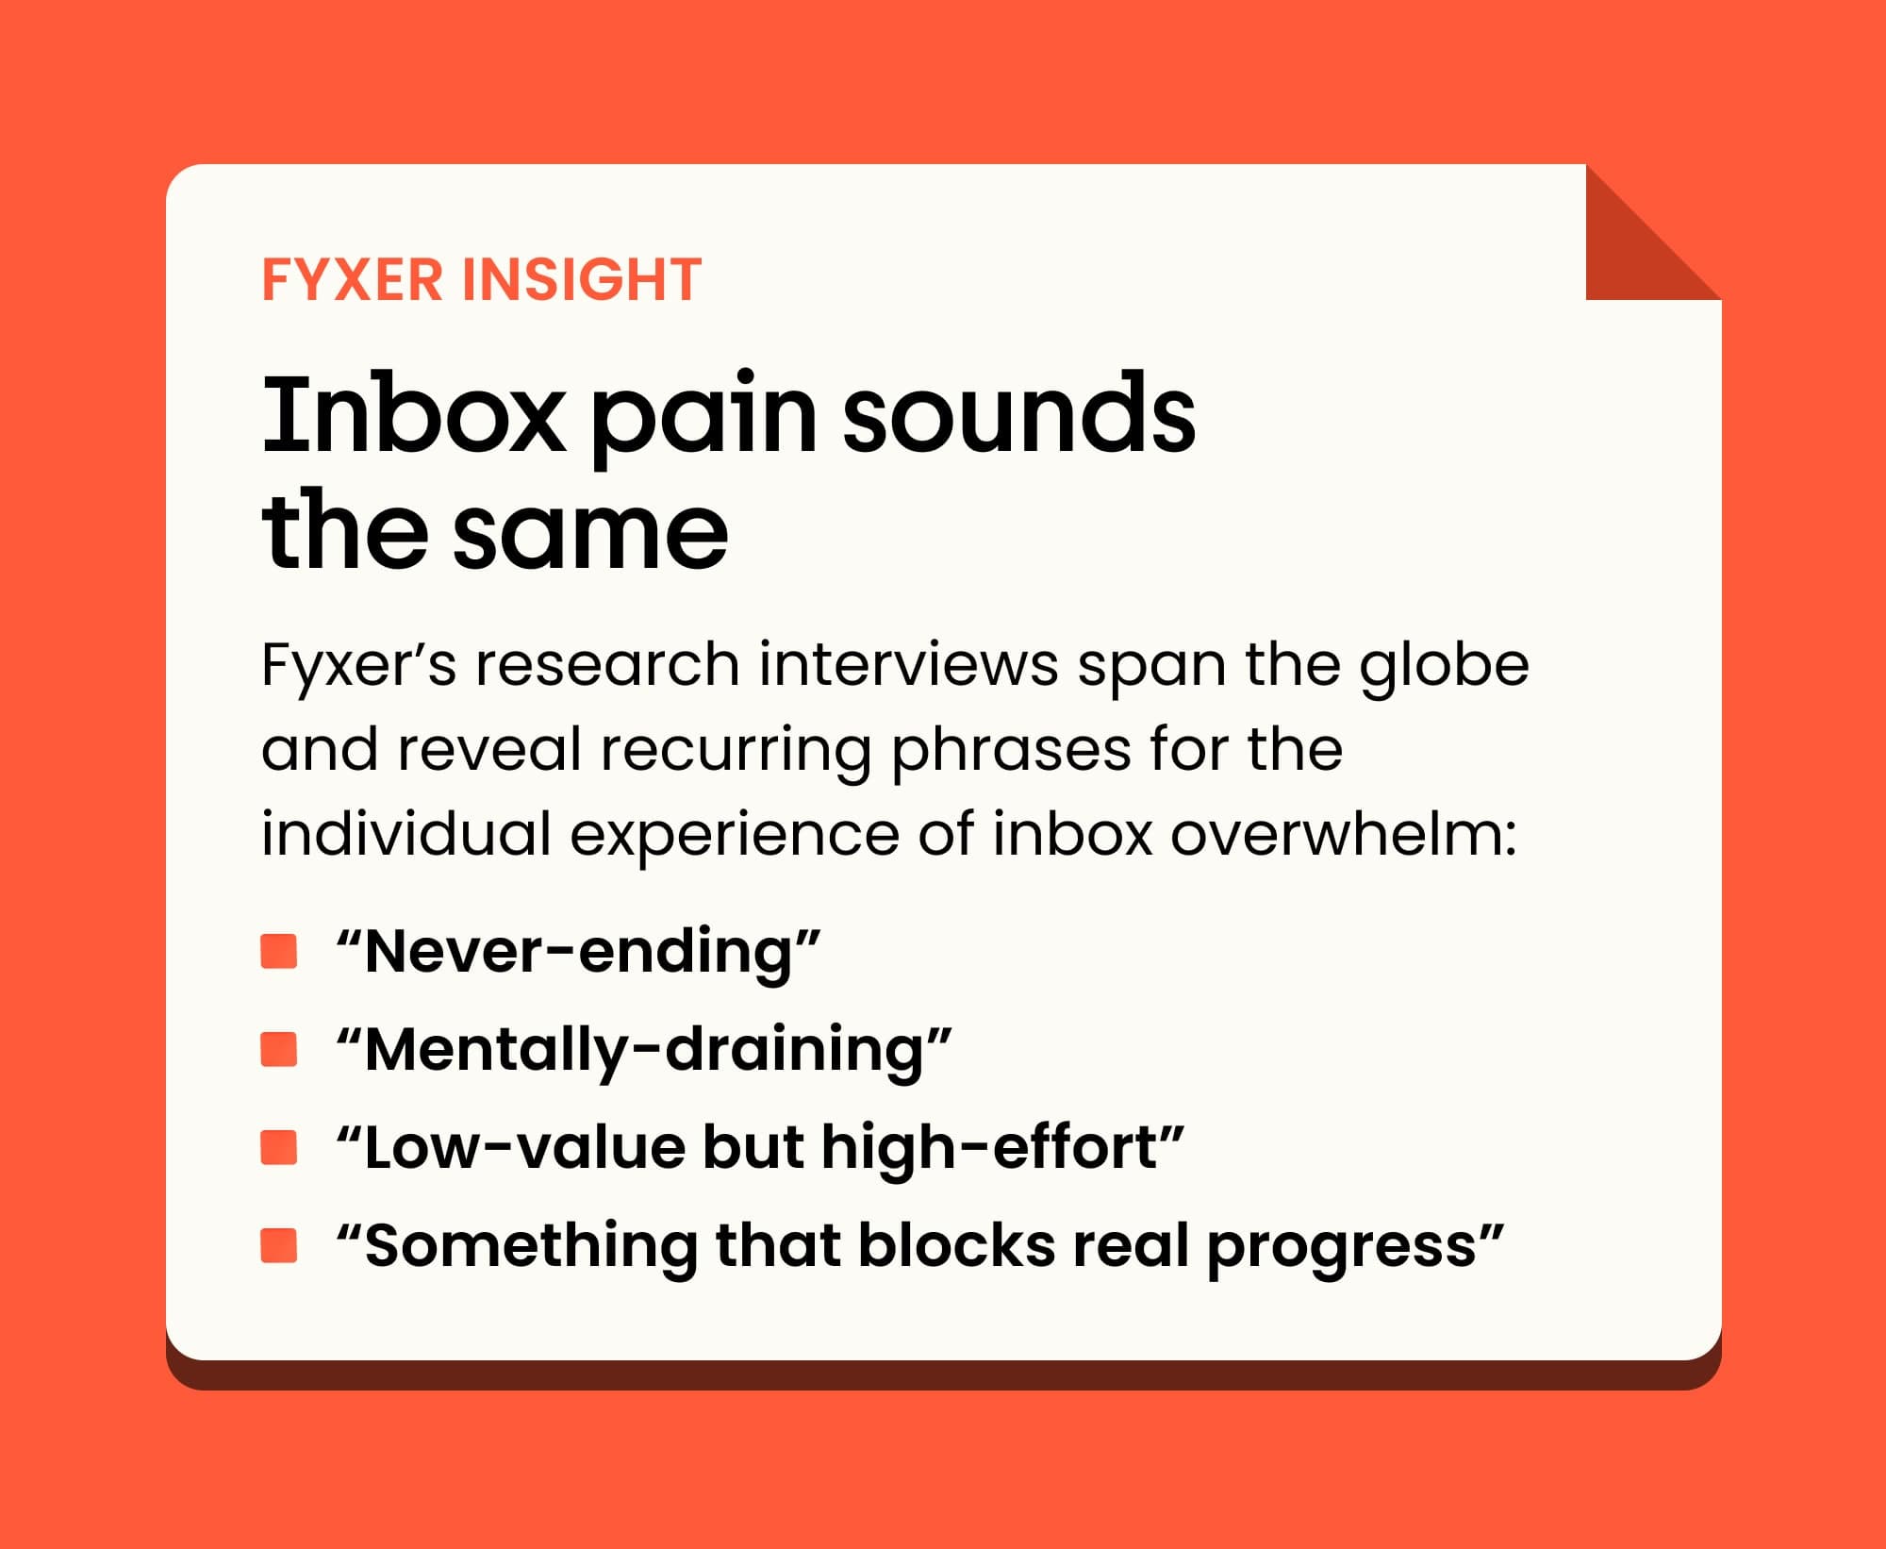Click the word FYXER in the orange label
point(352,279)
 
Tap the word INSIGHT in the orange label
point(582,279)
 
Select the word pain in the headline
point(703,420)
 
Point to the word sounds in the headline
point(1018,414)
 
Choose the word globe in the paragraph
point(1444,666)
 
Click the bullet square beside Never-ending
point(279,951)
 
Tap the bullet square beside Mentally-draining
point(279,1049)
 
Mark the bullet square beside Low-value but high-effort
point(279,1147)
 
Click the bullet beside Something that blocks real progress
point(279,1245)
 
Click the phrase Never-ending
point(579,952)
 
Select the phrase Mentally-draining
point(644,1050)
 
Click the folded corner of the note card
point(1631,255)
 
